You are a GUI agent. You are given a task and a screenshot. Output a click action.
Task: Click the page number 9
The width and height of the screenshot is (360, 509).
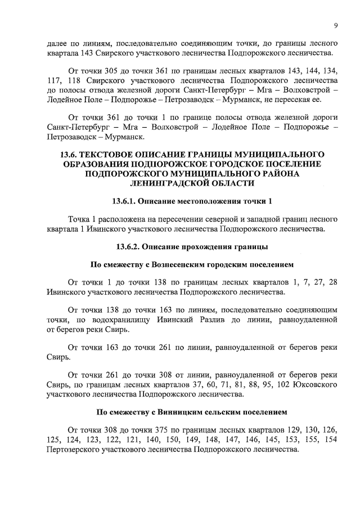[x=335, y=25]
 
